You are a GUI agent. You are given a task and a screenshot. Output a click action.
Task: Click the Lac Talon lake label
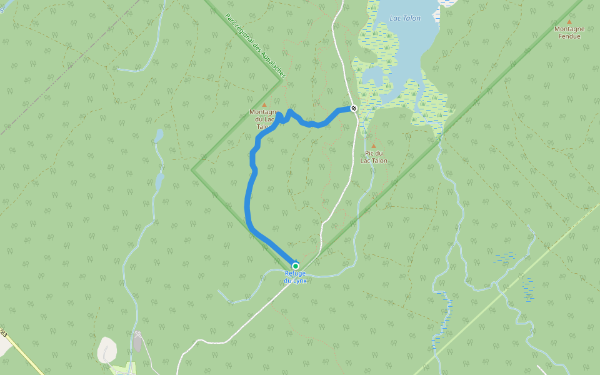tap(405, 18)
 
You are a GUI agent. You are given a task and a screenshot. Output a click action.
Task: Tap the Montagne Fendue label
tap(569, 32)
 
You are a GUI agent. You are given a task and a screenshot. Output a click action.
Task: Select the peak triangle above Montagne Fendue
tap(569, 21)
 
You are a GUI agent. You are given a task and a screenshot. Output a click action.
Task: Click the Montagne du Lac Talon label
tap(264, 119)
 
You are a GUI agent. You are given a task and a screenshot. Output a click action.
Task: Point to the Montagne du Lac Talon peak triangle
tap(264, 105)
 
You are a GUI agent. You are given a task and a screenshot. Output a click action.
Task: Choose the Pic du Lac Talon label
tap(374, 157)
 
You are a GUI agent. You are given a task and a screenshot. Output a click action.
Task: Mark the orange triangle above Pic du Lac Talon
tap(374, 146)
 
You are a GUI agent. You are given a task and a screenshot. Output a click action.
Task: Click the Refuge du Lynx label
tap(296, 277)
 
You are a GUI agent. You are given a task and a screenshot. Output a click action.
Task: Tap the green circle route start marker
tap(296, 266)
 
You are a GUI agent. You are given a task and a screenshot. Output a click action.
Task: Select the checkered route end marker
tap(354, 108)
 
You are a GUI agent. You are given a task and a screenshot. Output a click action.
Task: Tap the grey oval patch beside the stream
tap(137, 342)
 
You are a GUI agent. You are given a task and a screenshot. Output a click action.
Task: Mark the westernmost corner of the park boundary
tap(192, 169)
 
